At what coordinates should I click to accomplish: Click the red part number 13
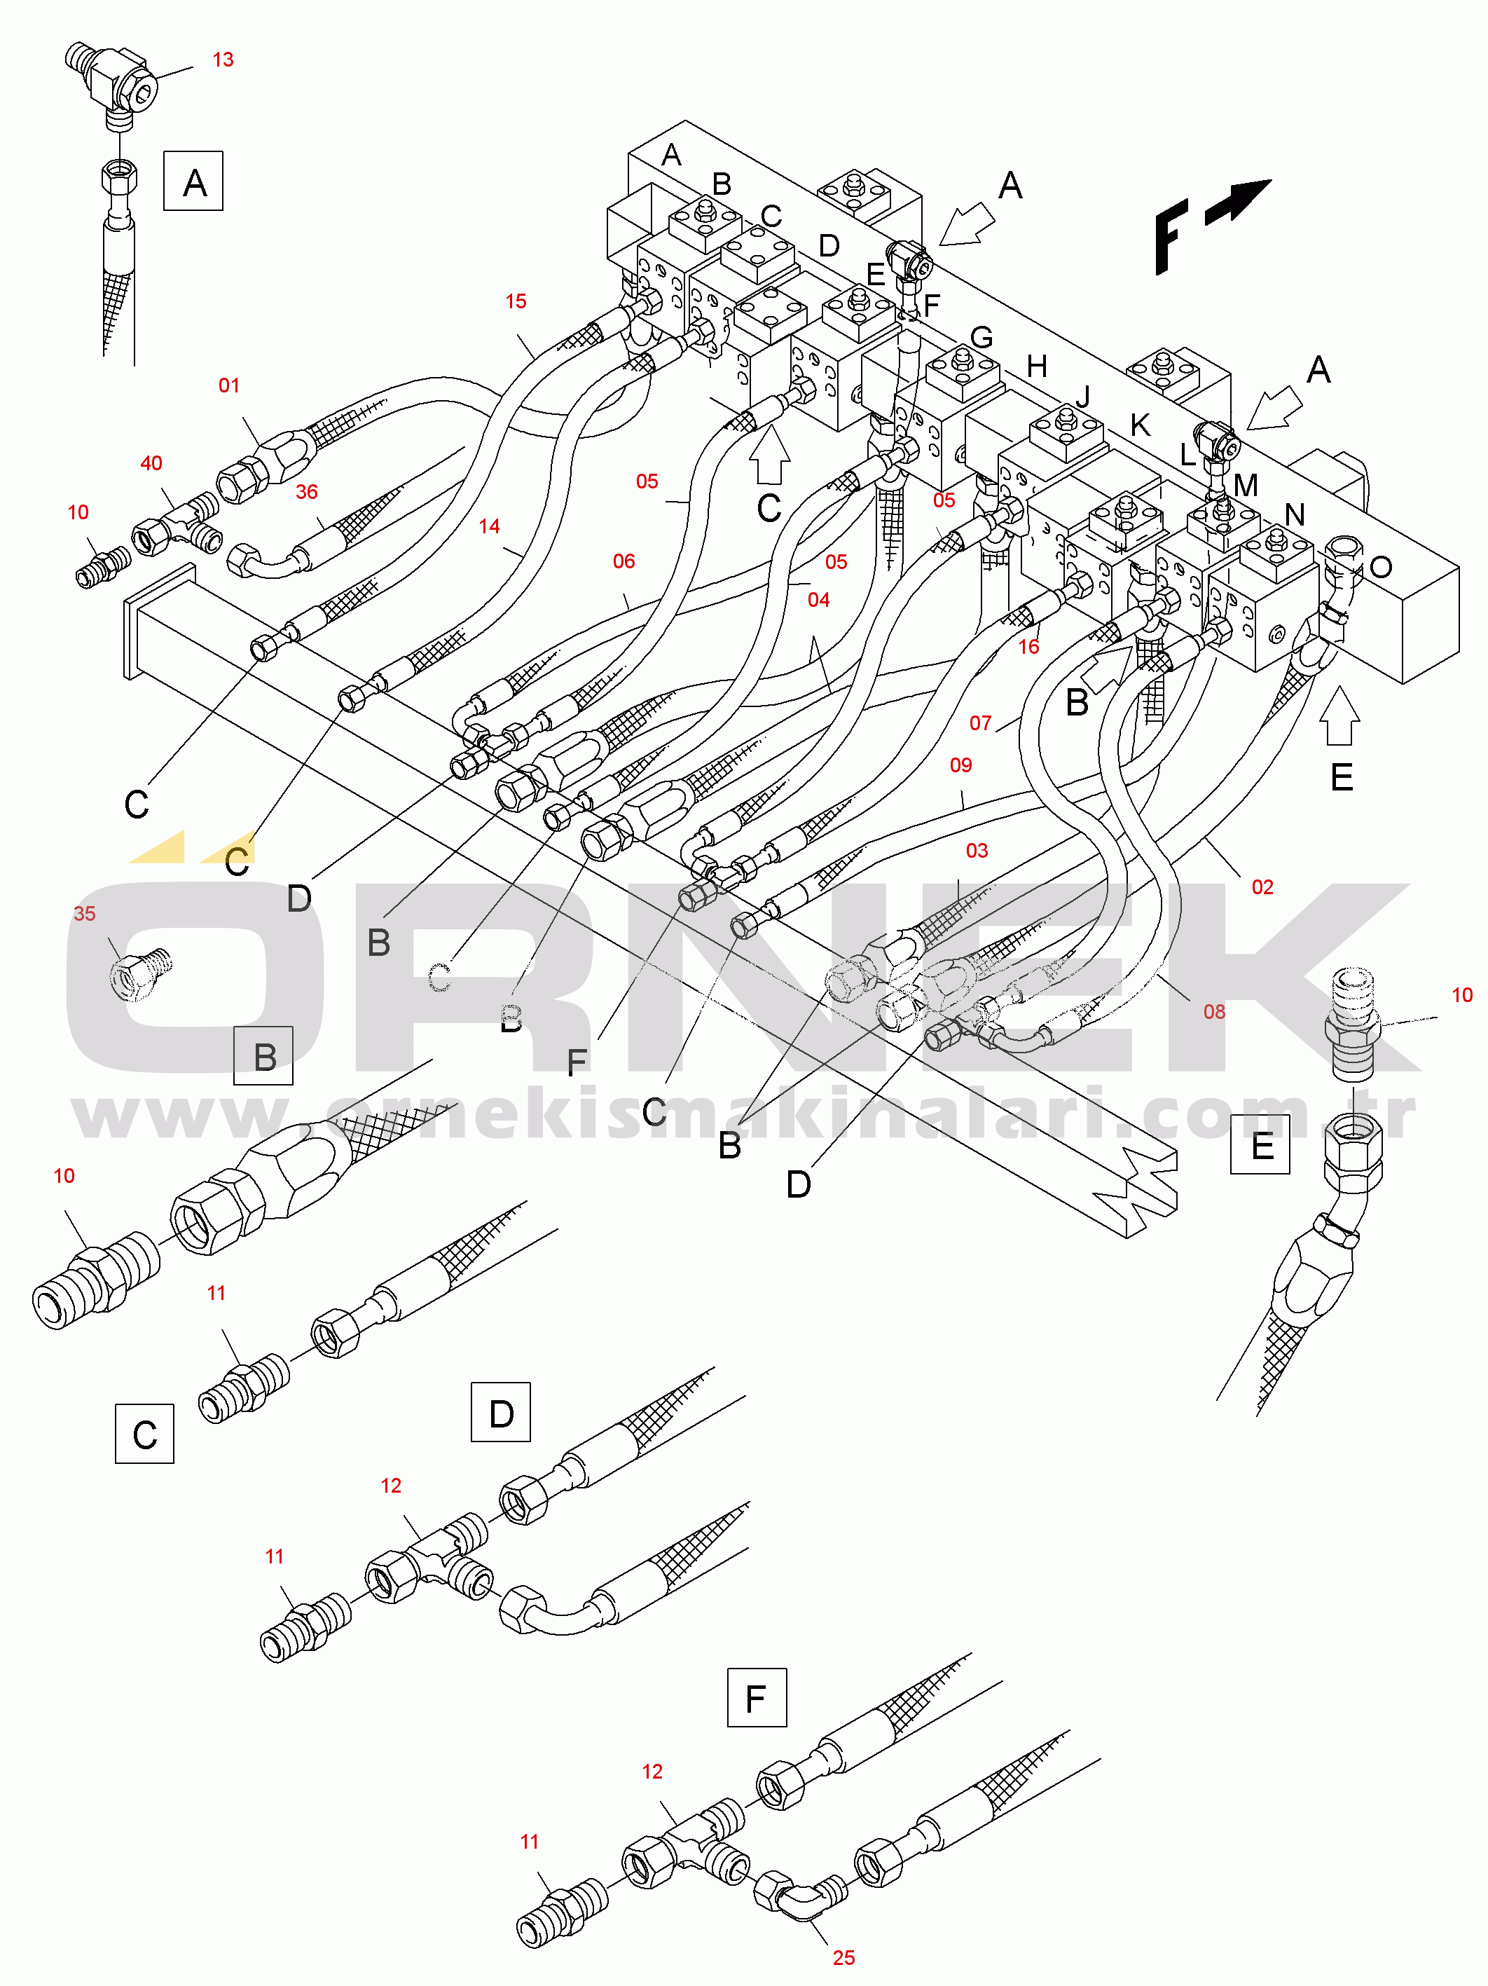coord(223,60)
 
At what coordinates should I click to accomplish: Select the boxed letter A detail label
coord(193,182)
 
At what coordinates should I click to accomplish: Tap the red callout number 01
coord(229,386)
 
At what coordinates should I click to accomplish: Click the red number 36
coord(306,492)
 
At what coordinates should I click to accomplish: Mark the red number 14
coord(488,527)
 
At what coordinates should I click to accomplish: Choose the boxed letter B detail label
coord(263,1056)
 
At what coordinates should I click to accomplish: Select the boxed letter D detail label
coord(501,1413)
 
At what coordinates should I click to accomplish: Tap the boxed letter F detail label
coord(757,1698)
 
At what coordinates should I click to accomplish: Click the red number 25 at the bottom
coord(843,1958)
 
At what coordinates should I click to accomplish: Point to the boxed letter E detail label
coord(1260,1145)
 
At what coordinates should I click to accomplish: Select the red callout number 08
coord(1213,1012)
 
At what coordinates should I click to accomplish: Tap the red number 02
coord(1262,887)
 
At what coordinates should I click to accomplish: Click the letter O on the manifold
coord(1380,568)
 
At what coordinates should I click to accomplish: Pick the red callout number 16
coord(1028,646)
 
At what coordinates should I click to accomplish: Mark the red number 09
coord(960,765)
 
